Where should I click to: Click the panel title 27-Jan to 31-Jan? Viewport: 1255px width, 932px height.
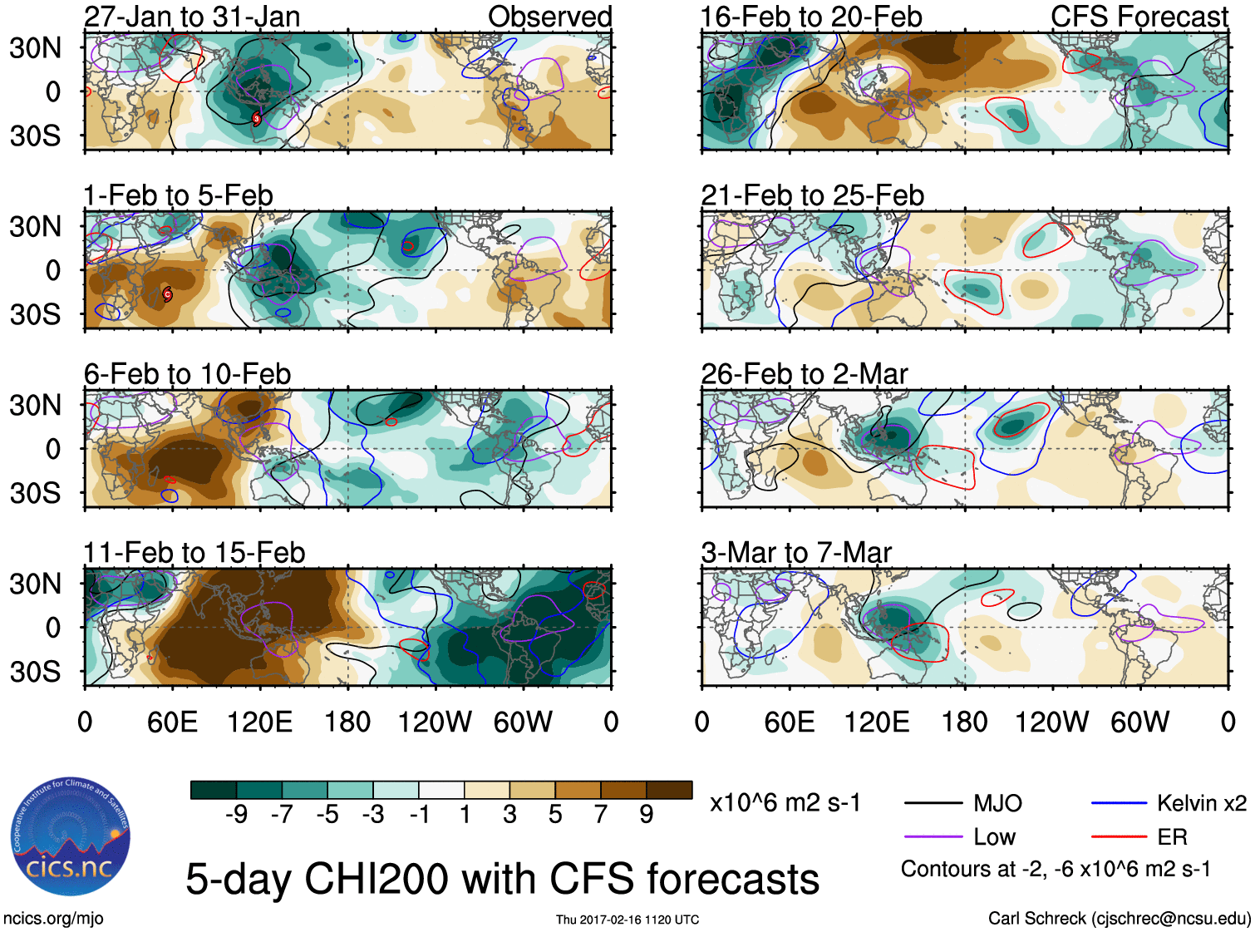pyautogui.click(x=192, y=17)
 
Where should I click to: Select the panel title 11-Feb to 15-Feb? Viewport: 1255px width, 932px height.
pyautogui.click(x=194, y=553)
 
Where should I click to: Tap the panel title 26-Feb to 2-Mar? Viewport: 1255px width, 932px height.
pyautogui.click(x=805, y=374)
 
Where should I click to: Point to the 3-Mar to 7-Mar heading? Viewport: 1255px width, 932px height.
pyautogui.click(x=796, y=553)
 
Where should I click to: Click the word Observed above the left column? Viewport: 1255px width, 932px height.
pyautogui.click(x=549, y=17)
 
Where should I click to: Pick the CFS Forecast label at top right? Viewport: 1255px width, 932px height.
pyautogui.click(x=1139, y=17)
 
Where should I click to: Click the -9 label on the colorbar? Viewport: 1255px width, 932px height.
pyautogui.click(x=236, y=815)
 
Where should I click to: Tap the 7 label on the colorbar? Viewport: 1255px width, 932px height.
pyautogui.click(x=601, y=815)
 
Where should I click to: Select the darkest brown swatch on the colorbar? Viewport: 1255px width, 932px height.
pyautogui.click(x=669, y=790)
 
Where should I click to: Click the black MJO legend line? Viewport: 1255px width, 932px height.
pyautogui.click(x=933, y=803)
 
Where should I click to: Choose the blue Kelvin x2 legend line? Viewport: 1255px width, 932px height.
pyautogui.click(x=1119, y=803)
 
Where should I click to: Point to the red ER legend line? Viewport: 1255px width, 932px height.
pyautogui.click(x=1119, y=836)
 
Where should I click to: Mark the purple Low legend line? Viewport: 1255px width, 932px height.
pyautogui.click(x=933, y=836)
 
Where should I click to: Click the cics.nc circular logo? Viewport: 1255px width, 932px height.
pyautogui.click(x=70, y=838)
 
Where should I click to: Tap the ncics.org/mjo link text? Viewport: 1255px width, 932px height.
pyautogui.click(x=53, y=918)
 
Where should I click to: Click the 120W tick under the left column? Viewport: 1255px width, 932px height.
pyautogui.click(x=435, y=722)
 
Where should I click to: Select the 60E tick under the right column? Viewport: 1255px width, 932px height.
pyautogui.click(x=789, y=722)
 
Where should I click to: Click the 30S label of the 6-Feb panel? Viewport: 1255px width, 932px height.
pyautogui.click(x=35, y=493)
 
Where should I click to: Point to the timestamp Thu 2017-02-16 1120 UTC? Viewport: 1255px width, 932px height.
pyautogui.click(x=627, y=920)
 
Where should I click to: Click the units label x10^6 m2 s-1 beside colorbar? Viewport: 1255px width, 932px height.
pyautogui.click(x=785, y=803)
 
